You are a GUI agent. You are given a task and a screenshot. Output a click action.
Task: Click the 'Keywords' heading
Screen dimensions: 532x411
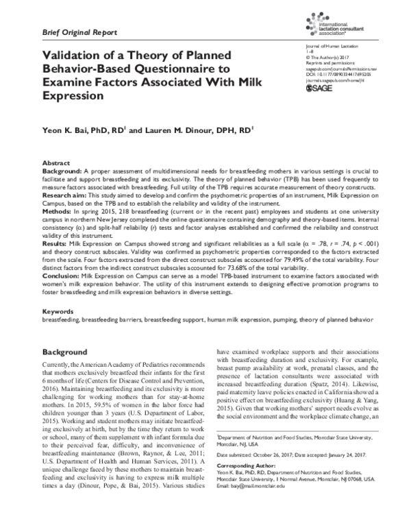click(58, 311)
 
